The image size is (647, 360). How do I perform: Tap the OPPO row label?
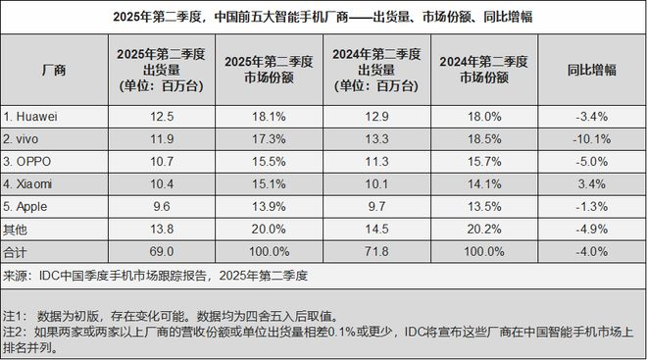click(31, 161)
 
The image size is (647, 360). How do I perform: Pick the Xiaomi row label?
click(33, 182)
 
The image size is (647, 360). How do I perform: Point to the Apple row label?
click(31, 205)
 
